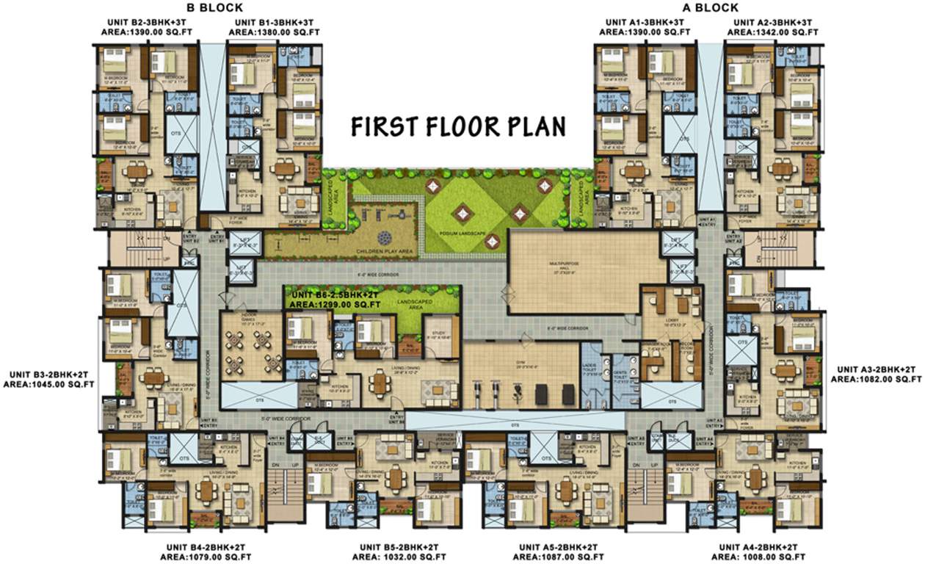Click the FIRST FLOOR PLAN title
click(x=458, y=126)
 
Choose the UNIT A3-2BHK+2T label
click(x=876, y=369)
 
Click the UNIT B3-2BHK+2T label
click(x=48, y=372)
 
